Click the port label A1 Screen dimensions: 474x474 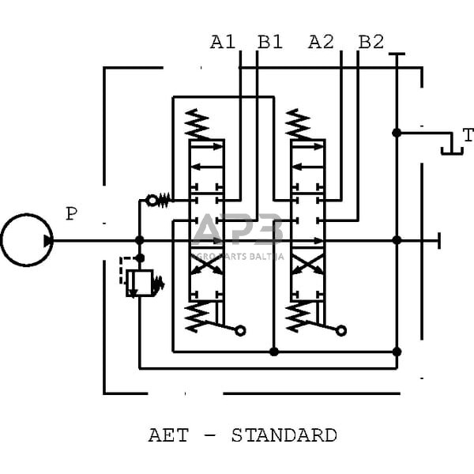pyautogui.click(x=223, y=42)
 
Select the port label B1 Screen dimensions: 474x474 pyautogui.click(x=270, y=42)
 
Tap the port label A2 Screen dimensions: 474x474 pyautogui.click(x=321, y=42)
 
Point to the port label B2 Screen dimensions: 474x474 pyautogui.click(x=371, y=42)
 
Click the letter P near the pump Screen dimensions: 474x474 pyautogui.click(x=72, y=214)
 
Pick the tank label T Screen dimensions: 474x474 pyautogui.click(x=468, y=135)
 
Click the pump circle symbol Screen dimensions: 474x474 pyautogui.click(x=26, y=239)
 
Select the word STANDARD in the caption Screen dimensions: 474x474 pyautogui.click(x=284, y=435)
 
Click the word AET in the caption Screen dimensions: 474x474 pyautogui.click(x=166, y=435)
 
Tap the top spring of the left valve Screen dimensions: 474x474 pyautogui.click(x=197, y=124)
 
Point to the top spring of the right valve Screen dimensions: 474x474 pyautogui.click(x=299, y=124)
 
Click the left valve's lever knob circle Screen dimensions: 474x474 pyautogui.click(x=240, y=330)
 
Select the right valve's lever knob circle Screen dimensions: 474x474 pyautogui.click(x=341, y=330)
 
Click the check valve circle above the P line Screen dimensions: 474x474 pyautogui.click(x=151, y=201)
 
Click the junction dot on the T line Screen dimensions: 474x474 pyautogui.click(x=397, y=133)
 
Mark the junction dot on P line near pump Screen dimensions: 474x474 pyautogui.click(x=139, y=240)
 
